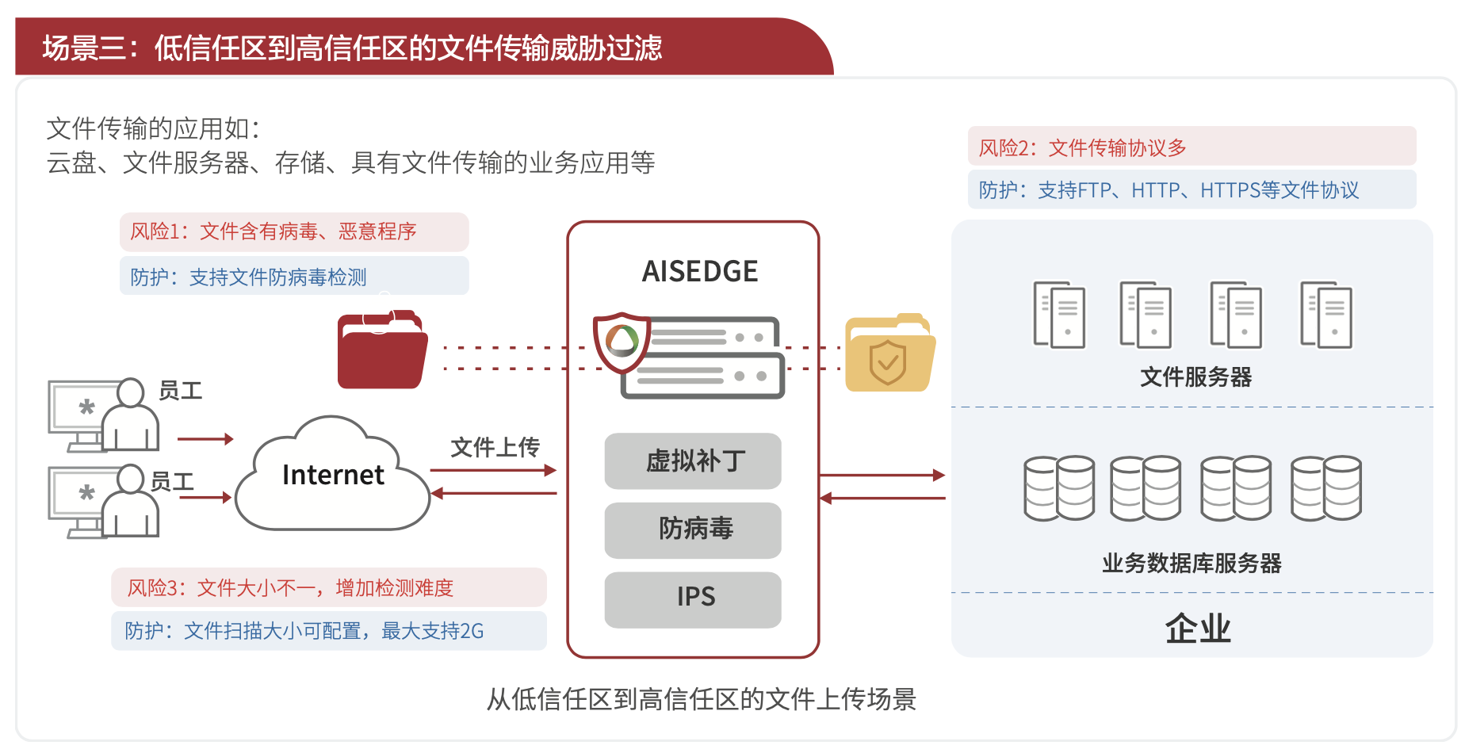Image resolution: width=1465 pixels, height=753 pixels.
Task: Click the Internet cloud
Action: (333, 476)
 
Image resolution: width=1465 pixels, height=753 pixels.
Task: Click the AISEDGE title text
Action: (699, 272)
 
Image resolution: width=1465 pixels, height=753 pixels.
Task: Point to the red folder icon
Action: (382, 350)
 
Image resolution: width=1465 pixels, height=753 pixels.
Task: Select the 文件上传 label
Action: (495, 448)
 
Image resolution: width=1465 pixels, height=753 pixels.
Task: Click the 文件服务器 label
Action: (1195, 377)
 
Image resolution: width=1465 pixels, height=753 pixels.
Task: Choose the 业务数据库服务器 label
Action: (1191, 564)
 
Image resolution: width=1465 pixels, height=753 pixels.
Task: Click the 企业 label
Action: (1197, 629)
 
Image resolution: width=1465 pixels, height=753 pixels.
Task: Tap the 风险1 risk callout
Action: (294, 231)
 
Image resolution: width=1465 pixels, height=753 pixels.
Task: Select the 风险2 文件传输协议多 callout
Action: (1192, 147)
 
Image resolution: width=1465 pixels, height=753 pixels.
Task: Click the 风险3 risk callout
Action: (328, 587)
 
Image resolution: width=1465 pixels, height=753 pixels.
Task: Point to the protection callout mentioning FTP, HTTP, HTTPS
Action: (1192, 190)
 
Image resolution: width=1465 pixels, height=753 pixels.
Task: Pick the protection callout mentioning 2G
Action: (328, 631)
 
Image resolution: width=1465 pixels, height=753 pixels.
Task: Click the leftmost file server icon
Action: (1059, 315)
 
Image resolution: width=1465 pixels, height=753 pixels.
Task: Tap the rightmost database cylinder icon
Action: (1325, 487)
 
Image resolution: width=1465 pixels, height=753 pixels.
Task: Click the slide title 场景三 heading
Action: (352, 48)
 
